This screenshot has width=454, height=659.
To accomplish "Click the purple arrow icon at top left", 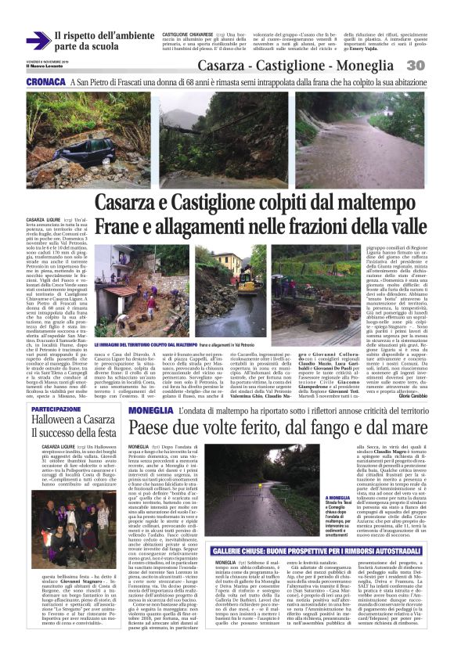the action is pos(37,41).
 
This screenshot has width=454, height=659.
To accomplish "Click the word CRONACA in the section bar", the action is pos(45,81).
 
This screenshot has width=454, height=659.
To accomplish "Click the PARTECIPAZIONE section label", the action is pos(56,387).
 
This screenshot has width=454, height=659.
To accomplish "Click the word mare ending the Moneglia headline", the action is pos(405,406).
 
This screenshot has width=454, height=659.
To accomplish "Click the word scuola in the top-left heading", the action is pos(99,47).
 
